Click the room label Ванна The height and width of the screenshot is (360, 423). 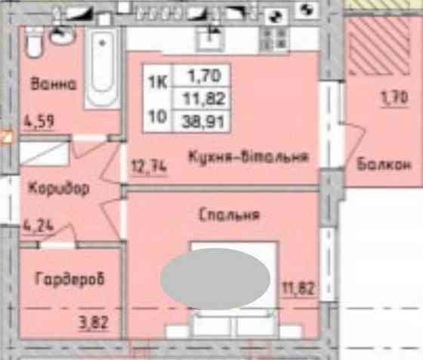[54, 84]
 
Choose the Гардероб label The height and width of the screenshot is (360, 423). [69, 279]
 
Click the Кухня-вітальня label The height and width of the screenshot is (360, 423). [248, 157]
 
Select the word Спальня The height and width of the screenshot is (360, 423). [230, 215]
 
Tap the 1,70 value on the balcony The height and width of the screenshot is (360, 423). [394, 97]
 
